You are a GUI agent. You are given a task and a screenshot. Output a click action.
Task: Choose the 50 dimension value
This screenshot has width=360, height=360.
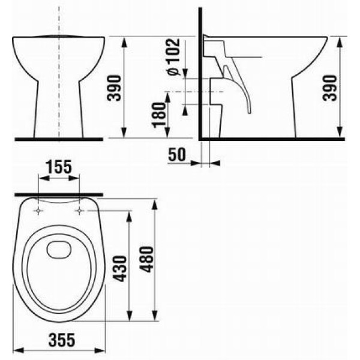(176, 155)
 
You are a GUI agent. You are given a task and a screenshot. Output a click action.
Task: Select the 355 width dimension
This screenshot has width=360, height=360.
(59, 340)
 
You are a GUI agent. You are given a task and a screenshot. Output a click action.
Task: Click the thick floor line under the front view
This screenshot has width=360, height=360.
(59, 139)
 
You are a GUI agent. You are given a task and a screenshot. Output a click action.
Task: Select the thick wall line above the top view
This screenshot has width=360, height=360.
(59, 195)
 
